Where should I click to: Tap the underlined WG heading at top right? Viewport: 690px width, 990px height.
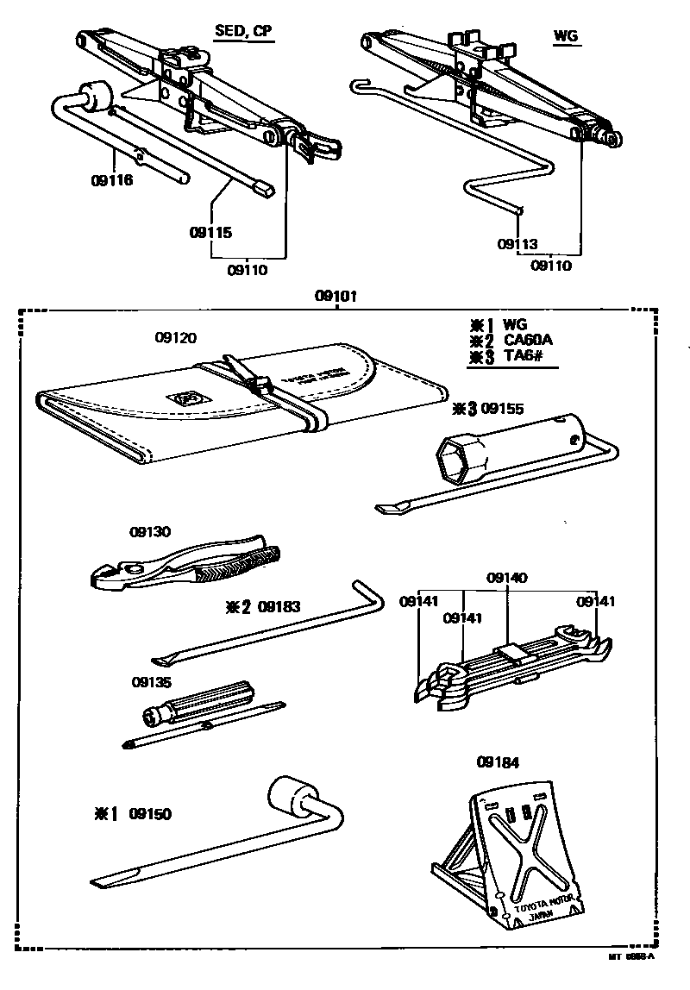566,36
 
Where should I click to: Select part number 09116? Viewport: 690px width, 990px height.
111,182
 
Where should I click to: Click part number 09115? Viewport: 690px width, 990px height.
211,232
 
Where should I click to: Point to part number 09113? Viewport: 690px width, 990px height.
517,244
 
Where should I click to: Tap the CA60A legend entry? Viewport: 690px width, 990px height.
527,340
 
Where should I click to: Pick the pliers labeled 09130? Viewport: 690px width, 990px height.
185,567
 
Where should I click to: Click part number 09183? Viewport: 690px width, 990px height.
279,606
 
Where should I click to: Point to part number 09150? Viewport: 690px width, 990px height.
150,813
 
